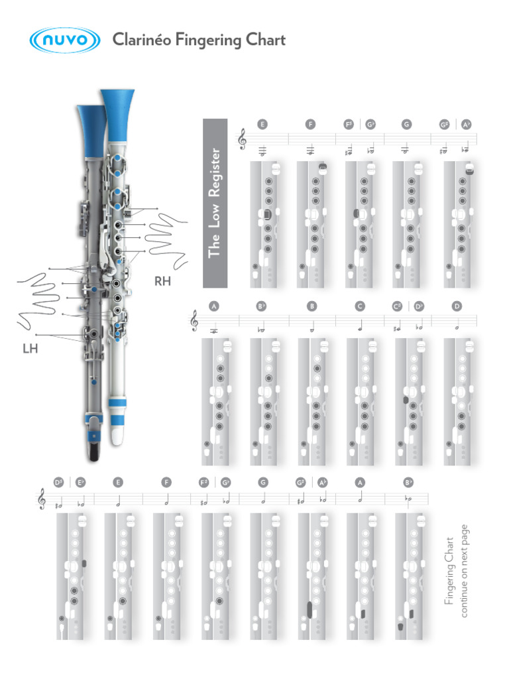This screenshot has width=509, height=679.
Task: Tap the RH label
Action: (x=162, y=281)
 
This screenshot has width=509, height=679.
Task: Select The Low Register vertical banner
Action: (x=215, y=203)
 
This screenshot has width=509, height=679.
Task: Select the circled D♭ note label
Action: (x=419, y=306)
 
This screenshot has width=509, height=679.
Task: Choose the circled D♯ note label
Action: (x=58, y=483)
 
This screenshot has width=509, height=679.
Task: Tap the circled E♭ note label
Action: (x=80, y=483)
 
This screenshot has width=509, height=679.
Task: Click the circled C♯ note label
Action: (x=398, y=306)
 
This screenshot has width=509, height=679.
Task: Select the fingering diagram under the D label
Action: (x=458, y=401)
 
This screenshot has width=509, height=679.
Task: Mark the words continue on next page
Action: (x=465, y=570)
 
